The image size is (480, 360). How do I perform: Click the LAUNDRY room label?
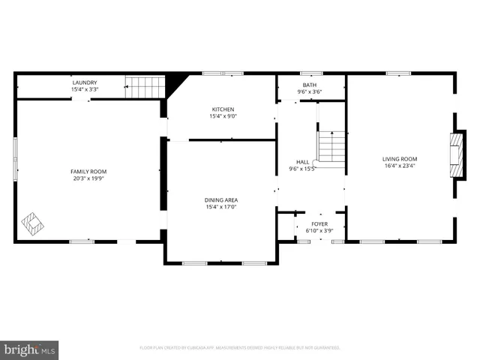[x=85, y=82]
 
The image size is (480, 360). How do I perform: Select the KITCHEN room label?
[x=222, y=109]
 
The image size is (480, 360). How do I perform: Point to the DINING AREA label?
[x=221, y=199]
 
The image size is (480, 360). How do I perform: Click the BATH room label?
[x=310, y=85]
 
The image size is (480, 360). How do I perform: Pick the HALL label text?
[x=303, y=162]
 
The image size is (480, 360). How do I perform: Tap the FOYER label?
[x=319, y=223]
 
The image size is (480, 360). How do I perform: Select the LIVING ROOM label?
[x=400, y=159]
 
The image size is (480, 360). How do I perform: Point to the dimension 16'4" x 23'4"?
[x=400, y=166]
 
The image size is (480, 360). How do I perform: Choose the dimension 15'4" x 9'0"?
[x=222, y=116]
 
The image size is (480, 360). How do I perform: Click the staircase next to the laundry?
[x=145, y=86]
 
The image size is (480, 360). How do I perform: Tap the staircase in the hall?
[x=331, y=146]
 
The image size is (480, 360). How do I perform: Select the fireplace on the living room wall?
[x=454, y=155]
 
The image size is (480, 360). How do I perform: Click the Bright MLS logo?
[x=30, y=349]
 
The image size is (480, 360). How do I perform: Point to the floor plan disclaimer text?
[x=240, y=348]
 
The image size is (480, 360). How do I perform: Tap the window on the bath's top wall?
[x=310, y=73]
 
